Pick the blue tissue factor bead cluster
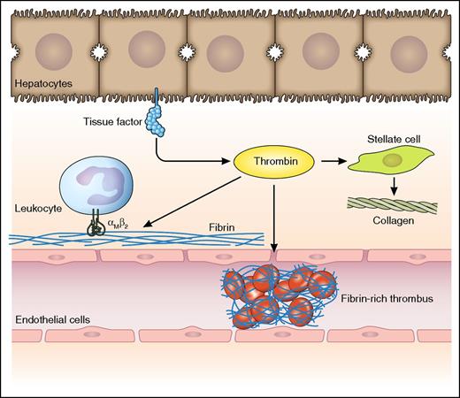[161, 129]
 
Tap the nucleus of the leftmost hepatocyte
[55, 48]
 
